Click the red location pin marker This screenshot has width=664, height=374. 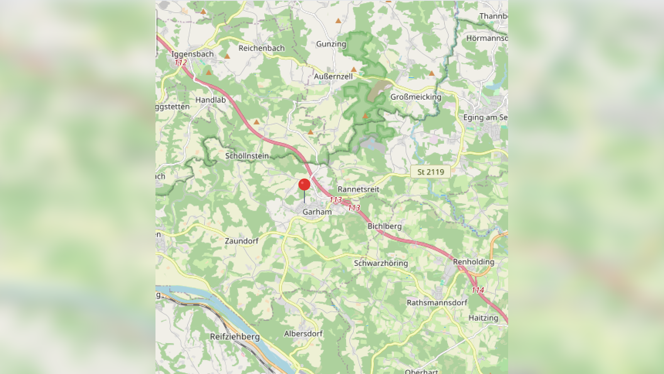(x=304, y=185)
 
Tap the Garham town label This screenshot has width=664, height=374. (x=317, y=212)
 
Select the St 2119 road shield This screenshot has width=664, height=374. (x=431, y=172)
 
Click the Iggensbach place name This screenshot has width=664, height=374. (x=192, y=54)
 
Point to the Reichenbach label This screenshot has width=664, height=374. (x=261, y=48)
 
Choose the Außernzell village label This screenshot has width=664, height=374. (x=333, y=76)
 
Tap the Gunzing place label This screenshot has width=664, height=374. (x=331, y=44)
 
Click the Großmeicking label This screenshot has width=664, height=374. (x=416, y=97)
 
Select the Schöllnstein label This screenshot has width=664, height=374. (x=247, y=156)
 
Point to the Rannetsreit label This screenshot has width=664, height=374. (x=358, y=189)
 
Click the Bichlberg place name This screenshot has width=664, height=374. (x=384, y=226)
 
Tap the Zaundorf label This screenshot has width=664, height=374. (x=242, y=241)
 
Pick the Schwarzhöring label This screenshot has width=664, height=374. (x=381, y=263)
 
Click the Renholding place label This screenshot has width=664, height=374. (x=473, y=262)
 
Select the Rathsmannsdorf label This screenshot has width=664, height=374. (x=437, y=303)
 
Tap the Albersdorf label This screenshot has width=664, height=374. (x=303, y=333)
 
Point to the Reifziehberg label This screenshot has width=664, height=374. (x=235, y=337)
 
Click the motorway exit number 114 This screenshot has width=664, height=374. (x=478, y=290)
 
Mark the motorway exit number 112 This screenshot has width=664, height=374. (x=181, y=62)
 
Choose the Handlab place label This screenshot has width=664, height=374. (x=210, y=100)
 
